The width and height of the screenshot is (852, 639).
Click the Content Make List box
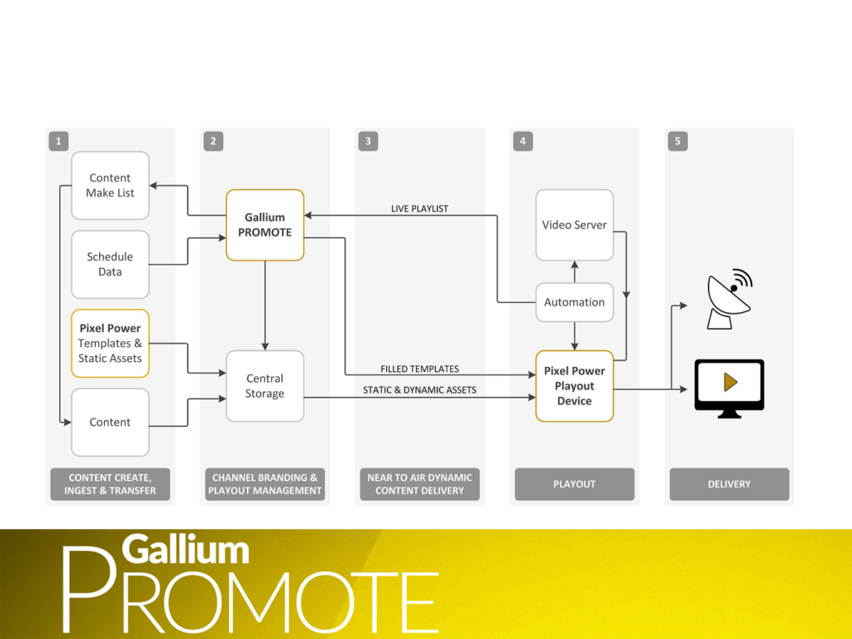[110, 186]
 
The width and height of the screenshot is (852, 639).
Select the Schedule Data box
[110, 265]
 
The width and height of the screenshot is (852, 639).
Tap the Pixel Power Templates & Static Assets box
[110, 344]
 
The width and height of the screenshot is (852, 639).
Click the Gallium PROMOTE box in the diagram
[265, 225]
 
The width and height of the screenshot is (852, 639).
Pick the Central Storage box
[265, 386]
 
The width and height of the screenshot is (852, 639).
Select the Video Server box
[574, 225]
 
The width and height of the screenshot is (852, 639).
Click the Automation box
[574, 303]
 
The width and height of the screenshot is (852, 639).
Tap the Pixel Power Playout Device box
[574, 386]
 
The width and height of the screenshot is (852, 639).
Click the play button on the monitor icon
[730, 382]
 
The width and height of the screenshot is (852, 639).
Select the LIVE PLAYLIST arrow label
[419, 209]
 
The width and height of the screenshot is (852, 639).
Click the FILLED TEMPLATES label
[419, 369]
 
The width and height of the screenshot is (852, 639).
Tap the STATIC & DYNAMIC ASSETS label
[419, 389]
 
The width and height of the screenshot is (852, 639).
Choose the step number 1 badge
[58, 141]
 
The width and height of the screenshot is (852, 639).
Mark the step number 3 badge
[368, 141]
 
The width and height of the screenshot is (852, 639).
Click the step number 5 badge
[677, 141]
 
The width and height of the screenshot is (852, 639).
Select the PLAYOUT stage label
[574, 484]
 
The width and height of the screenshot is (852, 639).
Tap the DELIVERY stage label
[729, 484]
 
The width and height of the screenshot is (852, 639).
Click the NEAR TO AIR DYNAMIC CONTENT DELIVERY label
[419, 484]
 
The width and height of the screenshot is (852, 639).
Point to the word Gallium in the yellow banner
[186, 550]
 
